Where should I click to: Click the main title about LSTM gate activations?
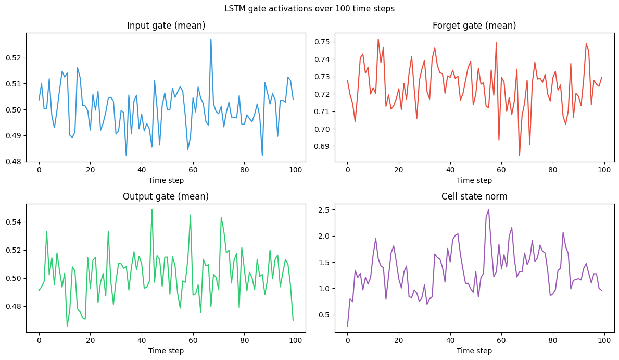[x=309, y=9]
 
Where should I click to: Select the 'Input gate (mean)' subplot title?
[x=166, y=26]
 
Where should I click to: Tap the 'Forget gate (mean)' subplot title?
[x=474, y=26]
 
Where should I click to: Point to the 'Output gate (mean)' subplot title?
[x=166, y=196]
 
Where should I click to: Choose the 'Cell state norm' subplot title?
[x=474, y=196]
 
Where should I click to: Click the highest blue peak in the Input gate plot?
[x=211, y=39]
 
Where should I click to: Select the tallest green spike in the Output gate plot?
[x=152, y=209]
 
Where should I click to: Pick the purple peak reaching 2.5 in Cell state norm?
[x=488, y=209]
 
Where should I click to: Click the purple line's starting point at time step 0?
[x=347, y=326]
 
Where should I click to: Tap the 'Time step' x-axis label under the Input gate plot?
[x=166, y=180]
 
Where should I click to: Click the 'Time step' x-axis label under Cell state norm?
[x=474, y=351]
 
